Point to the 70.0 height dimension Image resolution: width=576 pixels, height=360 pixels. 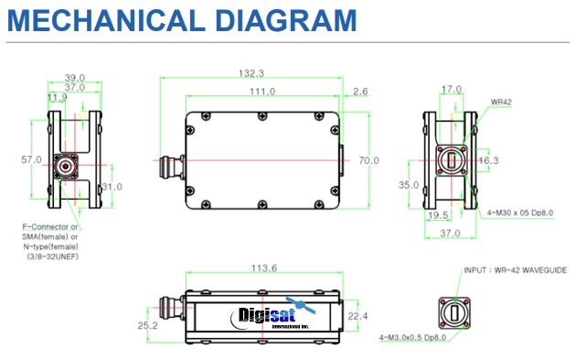point(368,161)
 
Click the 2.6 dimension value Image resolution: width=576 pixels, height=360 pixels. point(359,92)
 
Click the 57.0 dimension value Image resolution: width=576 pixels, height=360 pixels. point(31,159)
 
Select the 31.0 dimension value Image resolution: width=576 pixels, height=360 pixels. point(112,187)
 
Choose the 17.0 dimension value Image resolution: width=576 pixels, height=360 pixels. point(452,90)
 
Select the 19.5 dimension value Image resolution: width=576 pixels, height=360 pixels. point(438,215)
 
